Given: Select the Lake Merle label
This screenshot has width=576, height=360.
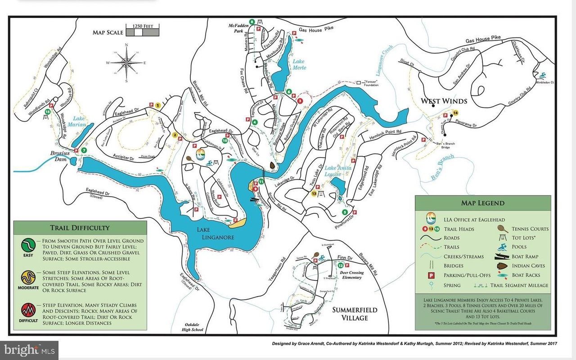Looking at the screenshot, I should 299,64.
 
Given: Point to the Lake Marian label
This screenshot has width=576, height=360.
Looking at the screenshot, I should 77,121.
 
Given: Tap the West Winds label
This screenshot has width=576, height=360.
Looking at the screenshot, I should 444,101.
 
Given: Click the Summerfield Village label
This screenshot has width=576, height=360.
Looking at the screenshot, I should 355,314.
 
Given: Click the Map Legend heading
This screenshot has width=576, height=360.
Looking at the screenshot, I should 483,203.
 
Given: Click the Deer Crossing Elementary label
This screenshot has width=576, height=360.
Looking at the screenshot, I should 351,275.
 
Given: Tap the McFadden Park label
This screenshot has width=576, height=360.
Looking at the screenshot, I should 235,28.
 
